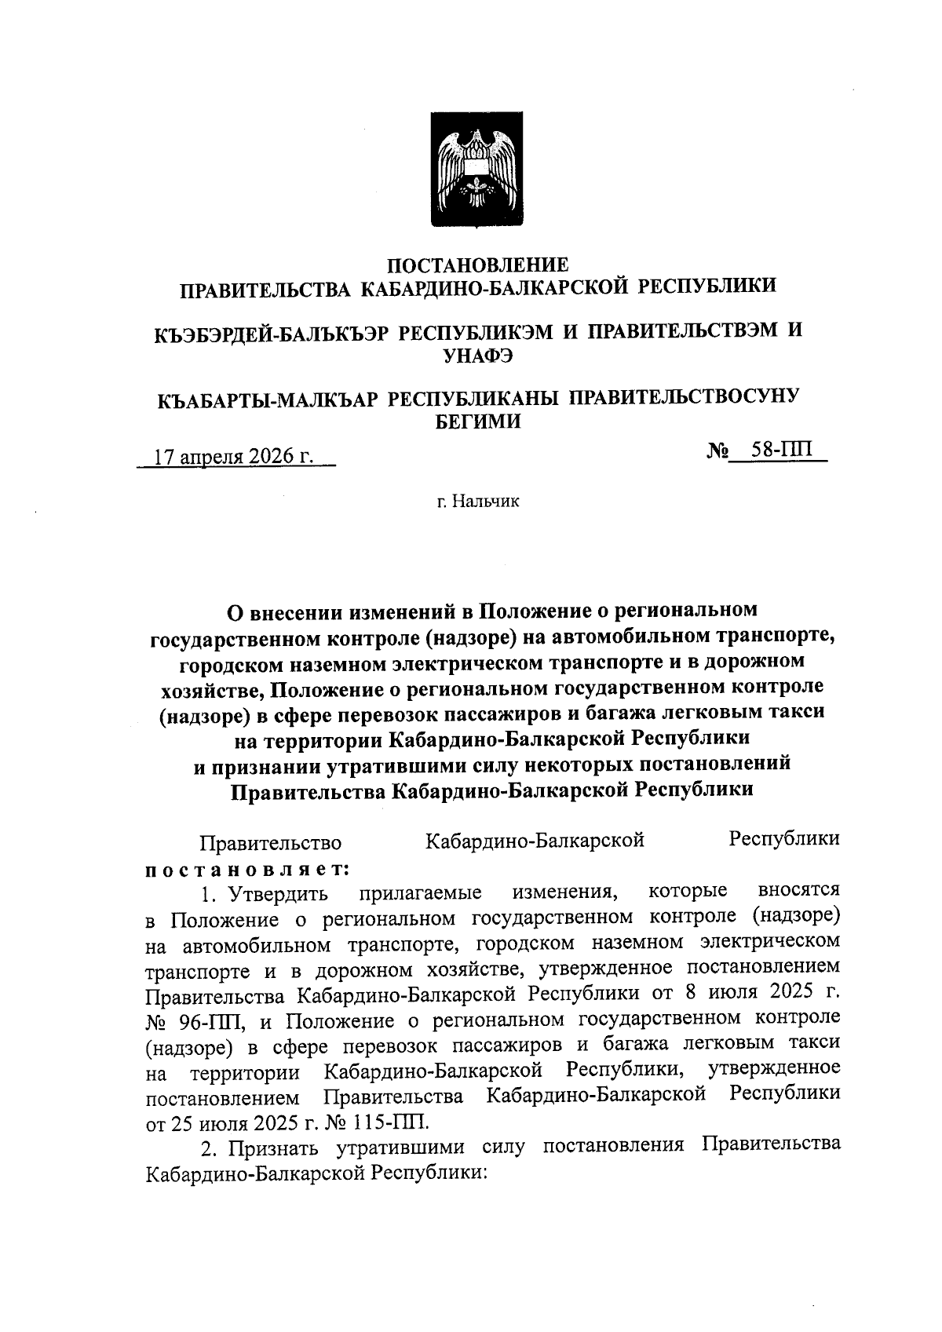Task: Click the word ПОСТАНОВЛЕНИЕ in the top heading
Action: [479, 264]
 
